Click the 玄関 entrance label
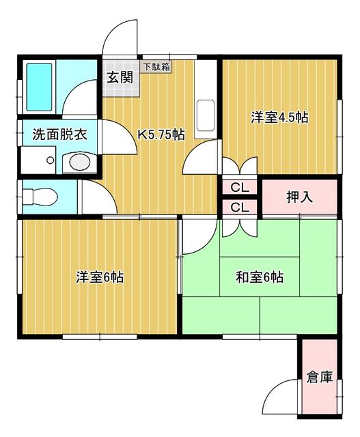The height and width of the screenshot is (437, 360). pyautogui.click(x=120, y=77)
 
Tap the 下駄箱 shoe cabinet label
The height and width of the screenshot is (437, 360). pyautogui.click(x=156, y=67)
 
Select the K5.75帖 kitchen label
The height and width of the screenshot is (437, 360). pyautogui.click(x=161, y=135)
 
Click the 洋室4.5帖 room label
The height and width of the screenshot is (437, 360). pyautogui.click(x=279, y=117)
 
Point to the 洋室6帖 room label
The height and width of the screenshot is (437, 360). pyautogui.click(x=100, y=277)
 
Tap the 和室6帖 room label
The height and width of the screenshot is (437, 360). pyautogui.click(x=260, y=277)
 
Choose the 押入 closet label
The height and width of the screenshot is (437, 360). pyautogui.click(x=300, y=197)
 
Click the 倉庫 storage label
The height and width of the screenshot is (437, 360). pyautogui.click(x=320, y=378)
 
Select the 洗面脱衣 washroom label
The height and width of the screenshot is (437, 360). pyautogui.click(x=59, y=135)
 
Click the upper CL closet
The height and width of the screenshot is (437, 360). pyautogui.click(x=240, y=188)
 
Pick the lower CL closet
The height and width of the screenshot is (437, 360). pyautogui.click(x=240, y=207)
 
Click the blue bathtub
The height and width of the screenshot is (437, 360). pyautogui.click(x=40, y=87)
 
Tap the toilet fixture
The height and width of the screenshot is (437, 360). pyautogui.click(x=40, y=197)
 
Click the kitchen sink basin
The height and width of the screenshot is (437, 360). pyautogui.click(x=206, y=115)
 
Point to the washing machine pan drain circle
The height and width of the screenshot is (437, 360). pyautogui.click(x=51, y=160)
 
